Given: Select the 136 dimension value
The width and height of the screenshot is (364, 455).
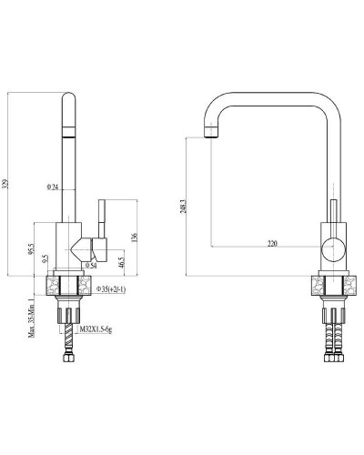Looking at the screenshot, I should [135, 238].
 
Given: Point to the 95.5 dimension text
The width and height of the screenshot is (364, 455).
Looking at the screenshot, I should [32, 248].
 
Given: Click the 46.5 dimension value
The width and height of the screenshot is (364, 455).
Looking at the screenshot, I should [121, 261].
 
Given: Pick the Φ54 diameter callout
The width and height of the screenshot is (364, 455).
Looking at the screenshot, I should [90, 266].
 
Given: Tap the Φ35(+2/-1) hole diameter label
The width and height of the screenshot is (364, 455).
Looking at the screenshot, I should [115, 288].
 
